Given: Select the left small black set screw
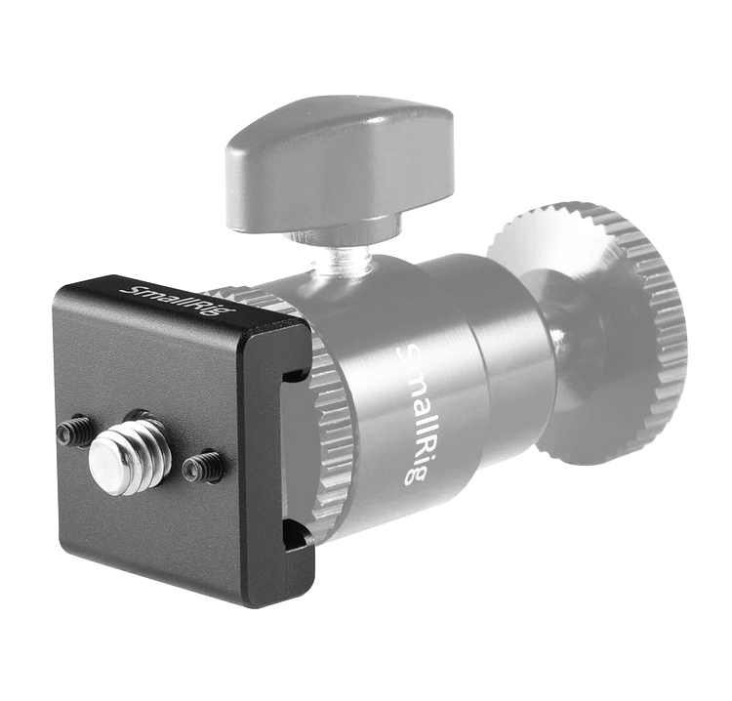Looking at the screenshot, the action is coord(74,429).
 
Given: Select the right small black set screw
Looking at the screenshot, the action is coord(201,464).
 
